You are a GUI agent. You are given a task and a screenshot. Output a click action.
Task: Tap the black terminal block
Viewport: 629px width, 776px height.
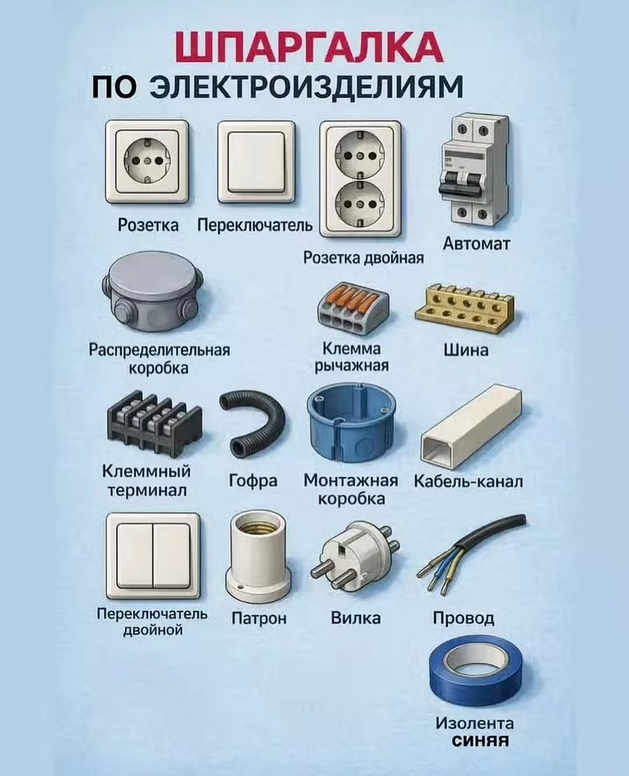154,423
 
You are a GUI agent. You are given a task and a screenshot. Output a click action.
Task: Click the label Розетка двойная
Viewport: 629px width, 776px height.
363,258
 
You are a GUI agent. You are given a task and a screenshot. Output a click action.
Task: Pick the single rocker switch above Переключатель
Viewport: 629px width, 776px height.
256,162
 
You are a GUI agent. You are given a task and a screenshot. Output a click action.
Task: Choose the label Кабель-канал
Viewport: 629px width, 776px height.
468,481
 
